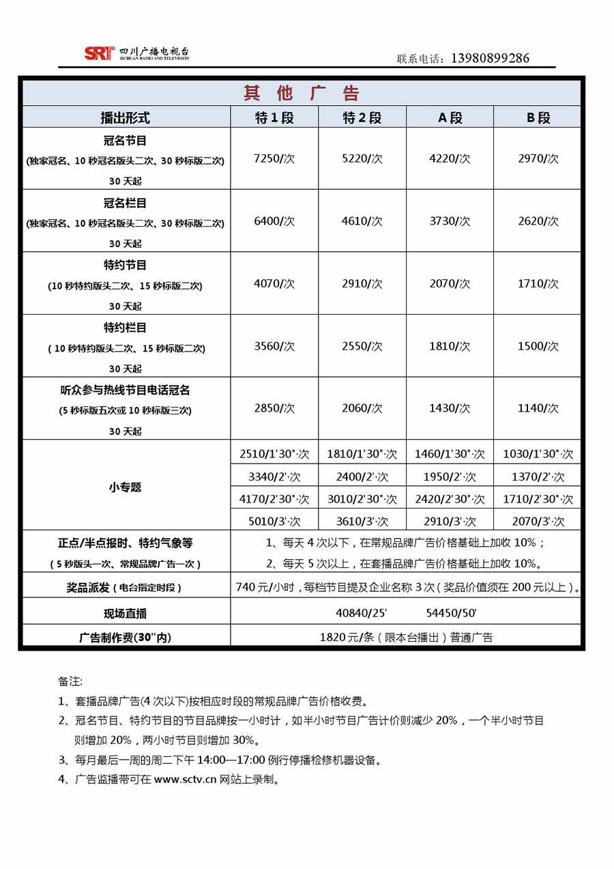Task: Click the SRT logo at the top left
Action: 99,54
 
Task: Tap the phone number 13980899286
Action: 490,59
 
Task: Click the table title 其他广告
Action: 302,94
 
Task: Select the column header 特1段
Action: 274,117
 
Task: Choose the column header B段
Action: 538,117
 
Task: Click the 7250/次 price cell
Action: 274,158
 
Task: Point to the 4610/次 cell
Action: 362,221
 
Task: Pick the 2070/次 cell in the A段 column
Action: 450,283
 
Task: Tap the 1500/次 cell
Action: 538,346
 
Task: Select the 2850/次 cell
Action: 274,408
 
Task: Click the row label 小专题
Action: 126,487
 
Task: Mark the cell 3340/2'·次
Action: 274,477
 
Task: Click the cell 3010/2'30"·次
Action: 362,500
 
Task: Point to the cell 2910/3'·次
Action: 450,522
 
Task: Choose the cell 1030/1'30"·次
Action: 538,454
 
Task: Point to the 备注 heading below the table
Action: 70,681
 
